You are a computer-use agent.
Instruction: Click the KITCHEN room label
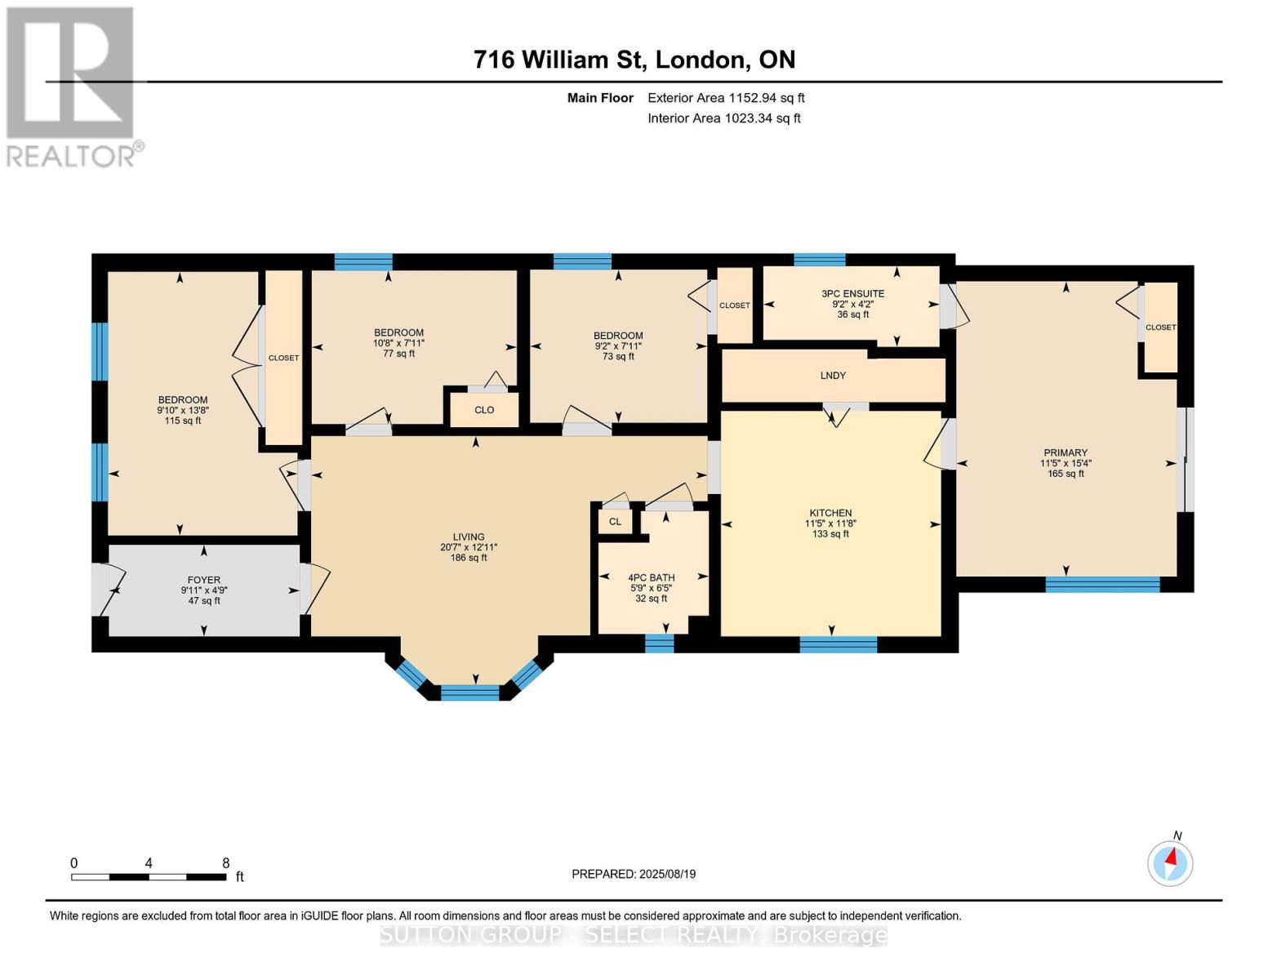tap(830, 513)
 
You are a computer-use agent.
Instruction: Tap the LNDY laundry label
tap(833, 376)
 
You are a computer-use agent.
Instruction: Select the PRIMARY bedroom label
tap(1066, 452)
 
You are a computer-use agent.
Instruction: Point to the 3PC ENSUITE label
tap(852, 293)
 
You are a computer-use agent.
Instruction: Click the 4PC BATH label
tap(652, 577)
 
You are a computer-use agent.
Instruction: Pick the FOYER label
tap(203, 580)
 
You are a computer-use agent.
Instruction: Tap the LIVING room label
tap(469, 537)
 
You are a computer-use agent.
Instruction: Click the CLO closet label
tap(484, 410)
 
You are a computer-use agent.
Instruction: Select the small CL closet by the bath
tap(615, 521)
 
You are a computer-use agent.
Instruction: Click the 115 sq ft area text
tap(183, 421)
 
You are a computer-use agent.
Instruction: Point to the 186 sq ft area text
tap(469, 558)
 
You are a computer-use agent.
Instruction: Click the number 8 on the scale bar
tap(226, 862)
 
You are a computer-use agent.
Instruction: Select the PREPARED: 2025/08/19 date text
tap(634, 874)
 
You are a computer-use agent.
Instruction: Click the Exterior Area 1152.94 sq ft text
tap(726, 98)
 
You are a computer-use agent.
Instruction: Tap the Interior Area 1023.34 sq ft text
tap(724, 118)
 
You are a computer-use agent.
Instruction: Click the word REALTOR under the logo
tap(71, 157)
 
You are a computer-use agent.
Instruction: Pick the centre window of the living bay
tap(469, 693)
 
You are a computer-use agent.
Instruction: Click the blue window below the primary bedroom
tap(1102, 584)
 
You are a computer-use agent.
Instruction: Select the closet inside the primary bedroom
tap(1160, 327)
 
